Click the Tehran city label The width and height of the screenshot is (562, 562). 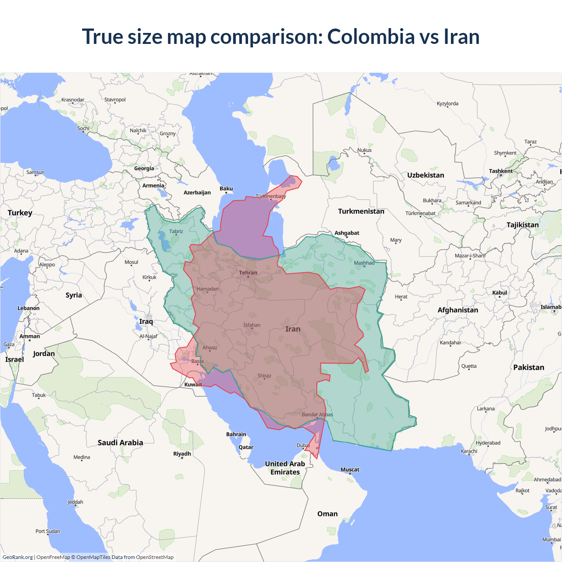(x=248, y=273)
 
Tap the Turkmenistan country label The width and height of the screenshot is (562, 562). (x=361, y=211)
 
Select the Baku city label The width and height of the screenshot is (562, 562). (x=226, y=188)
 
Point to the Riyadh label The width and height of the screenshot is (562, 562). (x=182, y=454)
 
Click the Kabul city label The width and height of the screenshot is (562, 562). (x=500, y=292)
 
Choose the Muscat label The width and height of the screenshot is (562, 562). (x=350, y=469)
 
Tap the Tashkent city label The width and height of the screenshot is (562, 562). (x=501, y=171)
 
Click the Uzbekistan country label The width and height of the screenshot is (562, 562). (x=425, y=175)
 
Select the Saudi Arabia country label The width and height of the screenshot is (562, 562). (x=120, y=443)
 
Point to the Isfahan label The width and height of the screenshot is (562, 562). (x=252, y=325)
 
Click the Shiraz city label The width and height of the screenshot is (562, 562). (x=264, y=376)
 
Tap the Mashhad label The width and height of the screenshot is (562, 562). (x=364, y=263)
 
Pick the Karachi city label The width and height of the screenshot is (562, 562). (x=469, y=451)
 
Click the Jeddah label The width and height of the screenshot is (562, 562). (x=76, y=502)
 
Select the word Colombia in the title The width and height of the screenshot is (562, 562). (x=371, y=36)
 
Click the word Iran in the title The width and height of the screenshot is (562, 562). (x=461, y=36)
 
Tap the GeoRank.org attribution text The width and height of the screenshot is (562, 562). (x=18, y=557)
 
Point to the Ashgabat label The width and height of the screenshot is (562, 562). (x=347, y=233)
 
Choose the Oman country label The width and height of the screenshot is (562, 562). (x=328, y=514)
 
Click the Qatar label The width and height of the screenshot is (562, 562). (x=246, y=447)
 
